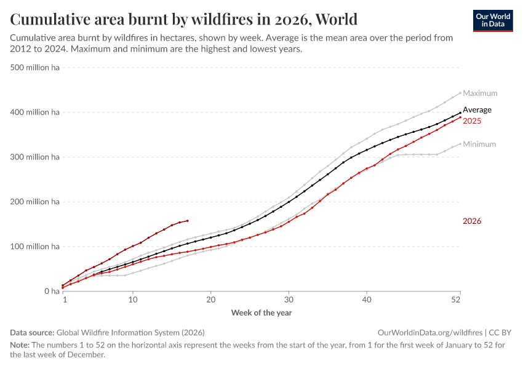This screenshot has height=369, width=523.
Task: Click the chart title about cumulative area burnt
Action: [184, 19]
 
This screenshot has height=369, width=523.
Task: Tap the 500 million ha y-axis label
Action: [35, 68]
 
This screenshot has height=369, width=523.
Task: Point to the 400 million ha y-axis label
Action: [35, 113]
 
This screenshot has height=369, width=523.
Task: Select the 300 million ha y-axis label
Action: [35, 157]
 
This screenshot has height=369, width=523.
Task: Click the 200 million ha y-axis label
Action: [35, 202]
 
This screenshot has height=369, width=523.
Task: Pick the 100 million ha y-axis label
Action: [35, 247]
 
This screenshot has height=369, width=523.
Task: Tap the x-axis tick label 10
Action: [133, 300]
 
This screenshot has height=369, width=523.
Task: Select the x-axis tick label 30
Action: [289, 300]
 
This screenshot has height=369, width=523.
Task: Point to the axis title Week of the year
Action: [261, 312]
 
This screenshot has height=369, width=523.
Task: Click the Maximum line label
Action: [480, 93]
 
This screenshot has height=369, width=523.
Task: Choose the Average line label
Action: [477, 110]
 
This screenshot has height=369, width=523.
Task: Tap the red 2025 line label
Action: [472, 121]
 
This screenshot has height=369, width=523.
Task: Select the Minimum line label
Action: [479, 145]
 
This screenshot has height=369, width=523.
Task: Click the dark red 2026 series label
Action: [472, 221]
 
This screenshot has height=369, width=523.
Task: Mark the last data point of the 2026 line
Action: [187, 221]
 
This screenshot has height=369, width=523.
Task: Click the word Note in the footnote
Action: [20, 345]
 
